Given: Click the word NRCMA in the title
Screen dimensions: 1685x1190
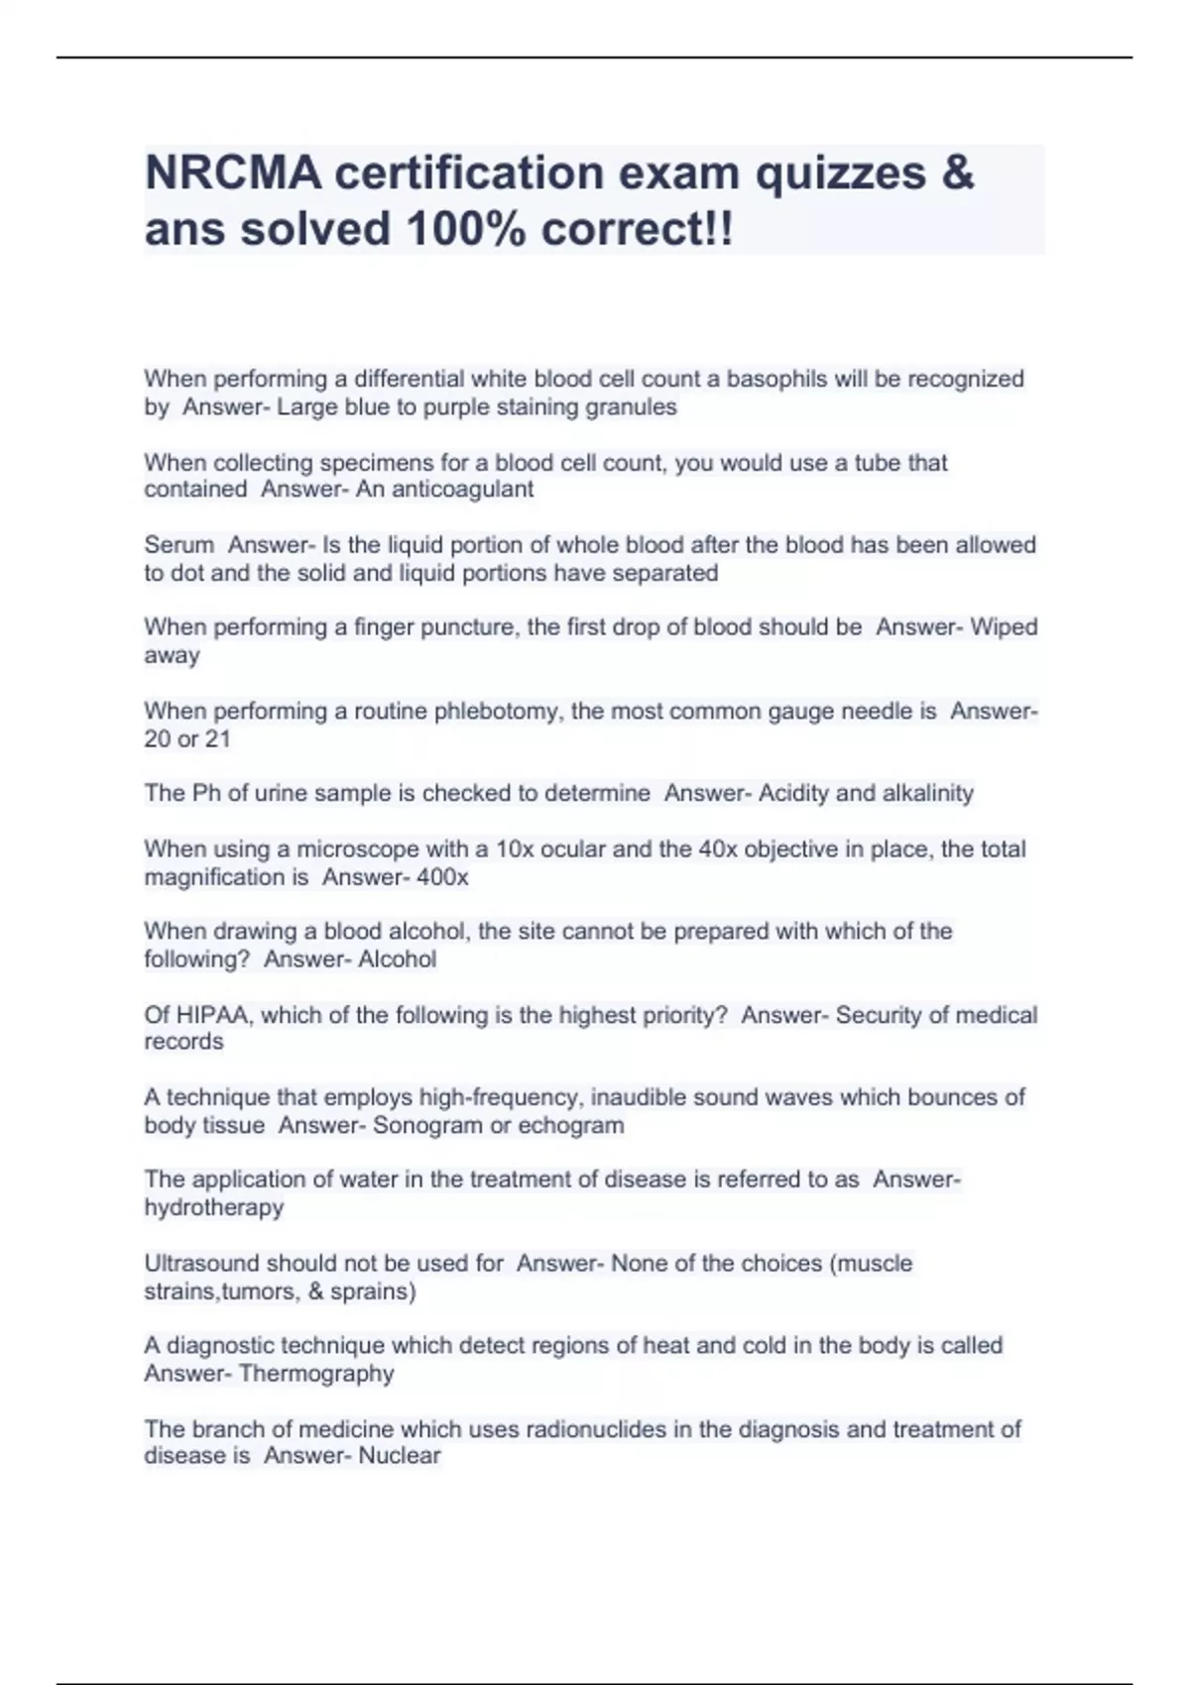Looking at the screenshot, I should pos(233,173).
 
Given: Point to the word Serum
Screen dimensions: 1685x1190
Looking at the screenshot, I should pos(178,545).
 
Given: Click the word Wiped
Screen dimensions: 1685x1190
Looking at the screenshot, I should pos(1004,627).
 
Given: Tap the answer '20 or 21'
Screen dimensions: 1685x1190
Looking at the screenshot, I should pos(187,739).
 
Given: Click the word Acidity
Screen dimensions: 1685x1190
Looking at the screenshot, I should pos(793,794).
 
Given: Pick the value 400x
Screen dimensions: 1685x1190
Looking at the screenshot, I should pos(442,878).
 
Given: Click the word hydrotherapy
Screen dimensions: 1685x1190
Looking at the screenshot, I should pos(214,1208).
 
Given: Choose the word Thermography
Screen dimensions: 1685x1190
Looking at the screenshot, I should pos(316,1374).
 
